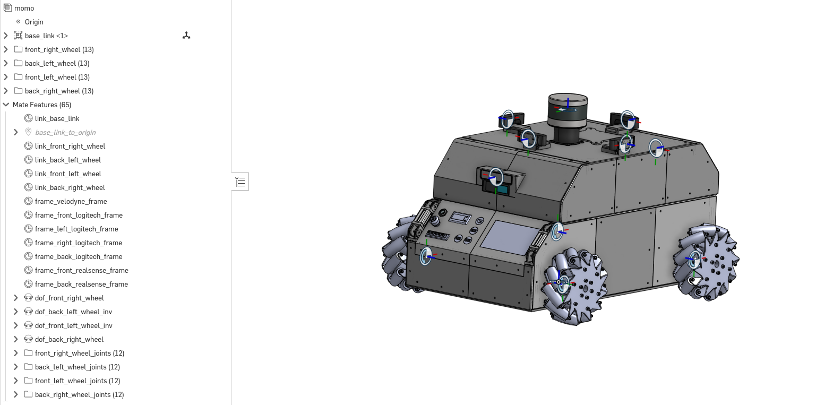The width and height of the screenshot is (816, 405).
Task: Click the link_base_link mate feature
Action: point(57,118)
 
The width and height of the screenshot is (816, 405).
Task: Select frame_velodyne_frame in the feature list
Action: point(71,201)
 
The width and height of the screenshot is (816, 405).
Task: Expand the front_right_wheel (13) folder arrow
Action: point(6,49)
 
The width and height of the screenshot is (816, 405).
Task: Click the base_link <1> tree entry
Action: point(46,36)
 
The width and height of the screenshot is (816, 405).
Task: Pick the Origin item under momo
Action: point(34,22)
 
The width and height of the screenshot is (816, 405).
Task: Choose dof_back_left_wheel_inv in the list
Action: point(73,312)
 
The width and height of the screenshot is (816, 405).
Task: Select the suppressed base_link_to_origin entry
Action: point(65,132)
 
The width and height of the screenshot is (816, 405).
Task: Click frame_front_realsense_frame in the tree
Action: point(82,270)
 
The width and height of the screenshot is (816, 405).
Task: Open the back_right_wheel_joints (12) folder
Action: point(80,394)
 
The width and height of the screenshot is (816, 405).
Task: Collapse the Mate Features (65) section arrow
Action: point(6,105)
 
